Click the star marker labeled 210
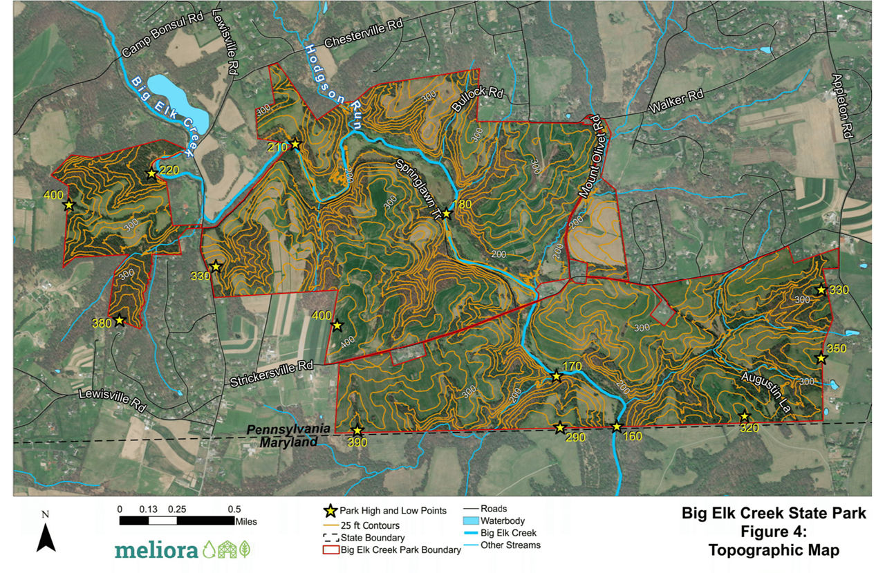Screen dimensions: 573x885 point(295,144)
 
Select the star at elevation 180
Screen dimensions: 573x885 point(447,214)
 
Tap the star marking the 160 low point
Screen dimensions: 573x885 point(617,427)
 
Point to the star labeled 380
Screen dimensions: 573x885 point(120,320)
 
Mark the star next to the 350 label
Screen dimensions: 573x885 point(821,358)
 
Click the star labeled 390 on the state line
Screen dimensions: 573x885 point(357,430)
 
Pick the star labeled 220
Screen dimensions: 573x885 point(151,173)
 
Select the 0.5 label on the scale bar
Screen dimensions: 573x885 point(235,509)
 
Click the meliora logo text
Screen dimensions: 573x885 point(156,549)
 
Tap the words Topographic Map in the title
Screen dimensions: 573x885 point(773,550)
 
